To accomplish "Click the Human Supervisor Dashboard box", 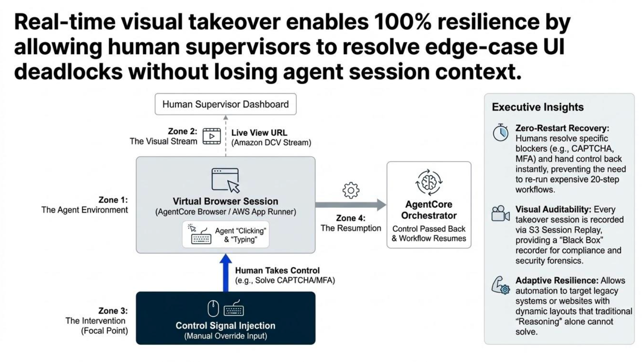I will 225,104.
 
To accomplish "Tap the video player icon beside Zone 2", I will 212,136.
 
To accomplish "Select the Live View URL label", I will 259,133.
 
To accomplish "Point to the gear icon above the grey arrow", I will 351,190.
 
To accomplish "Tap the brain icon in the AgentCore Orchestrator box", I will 429,182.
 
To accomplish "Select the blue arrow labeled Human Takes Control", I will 225,273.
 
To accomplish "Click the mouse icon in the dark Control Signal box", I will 213,309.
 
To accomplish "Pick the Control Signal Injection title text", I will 225,326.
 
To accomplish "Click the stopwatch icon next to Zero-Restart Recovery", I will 500,133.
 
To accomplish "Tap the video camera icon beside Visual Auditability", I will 500,214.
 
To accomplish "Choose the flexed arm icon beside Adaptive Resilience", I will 500,285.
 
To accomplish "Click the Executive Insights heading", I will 537,107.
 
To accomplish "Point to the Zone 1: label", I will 113,200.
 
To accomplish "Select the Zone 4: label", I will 351,218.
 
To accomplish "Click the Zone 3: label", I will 113,311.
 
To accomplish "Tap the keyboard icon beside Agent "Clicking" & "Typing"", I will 201,237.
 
